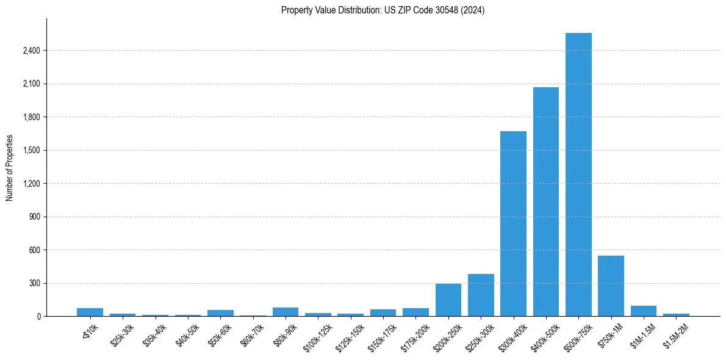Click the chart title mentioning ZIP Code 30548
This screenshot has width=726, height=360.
383,10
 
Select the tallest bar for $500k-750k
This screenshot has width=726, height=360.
578,175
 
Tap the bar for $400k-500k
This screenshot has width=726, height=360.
546,201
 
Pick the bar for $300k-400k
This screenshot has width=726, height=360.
513,223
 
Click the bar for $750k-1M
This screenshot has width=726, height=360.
611,286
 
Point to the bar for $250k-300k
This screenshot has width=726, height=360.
481,295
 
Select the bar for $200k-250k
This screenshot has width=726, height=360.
448,300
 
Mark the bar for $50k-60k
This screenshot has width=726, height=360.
220,313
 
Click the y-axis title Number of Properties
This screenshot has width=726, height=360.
10,168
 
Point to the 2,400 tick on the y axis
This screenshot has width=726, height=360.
31,51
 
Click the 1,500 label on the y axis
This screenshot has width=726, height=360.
31,150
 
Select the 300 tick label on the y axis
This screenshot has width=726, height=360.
34,283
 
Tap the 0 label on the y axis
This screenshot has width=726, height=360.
38,317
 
